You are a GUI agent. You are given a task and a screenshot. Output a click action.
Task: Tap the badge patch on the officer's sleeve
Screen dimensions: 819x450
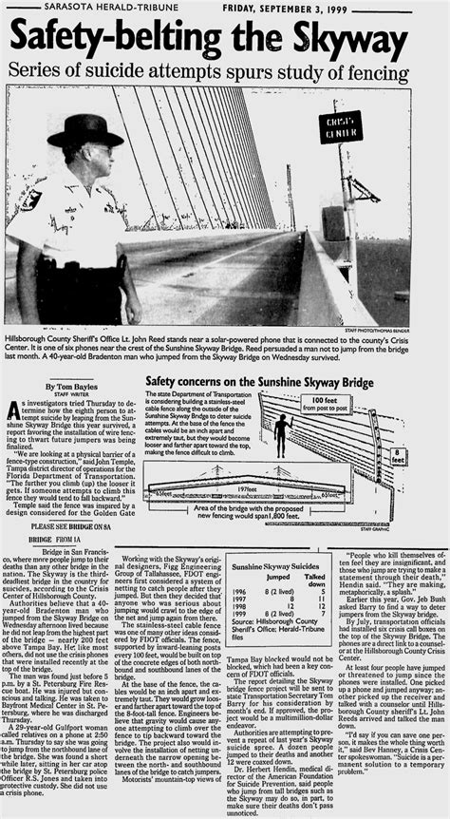coord(29,200)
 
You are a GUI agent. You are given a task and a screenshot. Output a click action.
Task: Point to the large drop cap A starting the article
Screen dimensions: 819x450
coord(12,409)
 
